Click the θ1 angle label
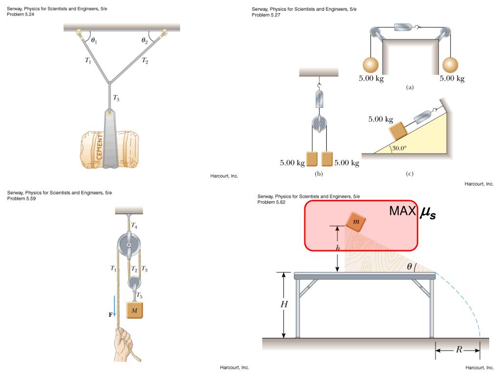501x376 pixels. (93, 41)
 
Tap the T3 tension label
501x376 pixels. (116, 98)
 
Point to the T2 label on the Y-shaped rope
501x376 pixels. (145, 61)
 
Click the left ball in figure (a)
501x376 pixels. (371, 65)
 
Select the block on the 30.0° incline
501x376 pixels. (399, 131)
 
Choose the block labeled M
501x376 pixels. (135, 309)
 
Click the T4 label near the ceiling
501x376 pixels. (134, 225)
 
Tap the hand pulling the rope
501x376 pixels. (122, 345)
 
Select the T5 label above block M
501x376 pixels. (139, 295)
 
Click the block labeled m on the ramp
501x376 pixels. (356, 222)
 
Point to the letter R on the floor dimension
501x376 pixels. (458, 350)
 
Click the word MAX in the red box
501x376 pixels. (402, 211)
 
